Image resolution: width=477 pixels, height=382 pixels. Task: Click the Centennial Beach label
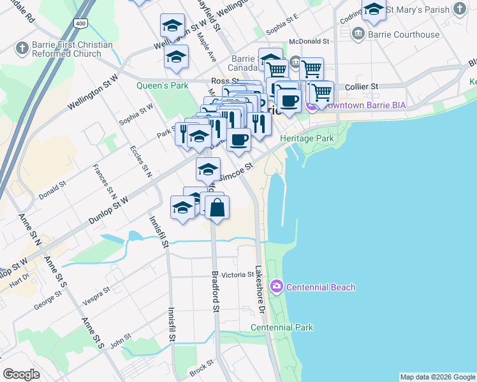[320, 287]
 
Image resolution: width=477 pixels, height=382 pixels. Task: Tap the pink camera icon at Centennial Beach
[276, 286]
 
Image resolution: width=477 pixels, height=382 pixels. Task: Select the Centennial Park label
[282, 328]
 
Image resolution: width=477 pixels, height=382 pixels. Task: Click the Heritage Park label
[311, 138]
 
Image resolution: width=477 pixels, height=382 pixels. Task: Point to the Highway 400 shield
[80, 24]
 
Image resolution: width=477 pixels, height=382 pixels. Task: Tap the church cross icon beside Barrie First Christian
[22, 48]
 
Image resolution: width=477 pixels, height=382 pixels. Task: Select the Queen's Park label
[162, 85]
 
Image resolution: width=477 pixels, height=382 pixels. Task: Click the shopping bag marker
[217, 207]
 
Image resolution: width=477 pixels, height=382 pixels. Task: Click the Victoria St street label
[237, 275]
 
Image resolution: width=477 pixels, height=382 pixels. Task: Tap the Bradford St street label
[216, 292]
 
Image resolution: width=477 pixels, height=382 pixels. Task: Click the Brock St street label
[200, 369]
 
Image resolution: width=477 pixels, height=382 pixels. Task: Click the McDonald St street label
[308, 41]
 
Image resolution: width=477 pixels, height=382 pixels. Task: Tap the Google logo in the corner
[21, 374]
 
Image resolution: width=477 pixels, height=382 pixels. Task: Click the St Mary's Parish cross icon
[459, 9]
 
